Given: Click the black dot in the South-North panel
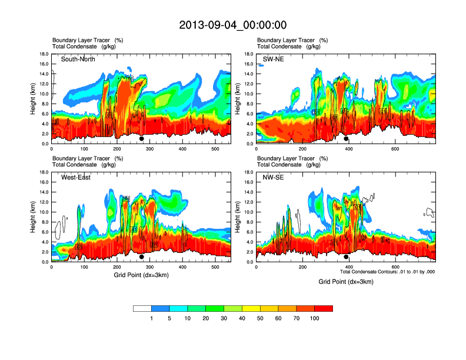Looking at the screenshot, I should pos(141,139).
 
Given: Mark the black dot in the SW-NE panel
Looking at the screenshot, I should pos(346,139).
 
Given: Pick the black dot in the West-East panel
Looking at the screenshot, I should pos(141,257).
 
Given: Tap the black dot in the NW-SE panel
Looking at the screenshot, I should pos(346,257).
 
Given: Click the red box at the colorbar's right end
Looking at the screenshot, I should pos(324,308).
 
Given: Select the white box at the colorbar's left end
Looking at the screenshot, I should pos(142,308).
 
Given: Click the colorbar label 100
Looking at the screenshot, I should pos(315,319).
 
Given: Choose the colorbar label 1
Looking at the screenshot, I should pos(151,319).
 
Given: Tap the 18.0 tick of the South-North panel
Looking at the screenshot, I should pos(44,54).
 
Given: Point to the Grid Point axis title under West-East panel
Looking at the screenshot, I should pos(141,275).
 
